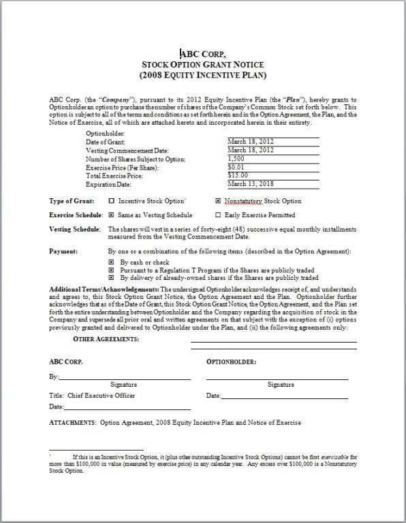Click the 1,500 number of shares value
tap(236, 159)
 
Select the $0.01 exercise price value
tap(236, 167)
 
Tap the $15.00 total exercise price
tap(238, 175)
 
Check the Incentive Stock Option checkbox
tap(112, 202)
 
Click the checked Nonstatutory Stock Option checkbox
tap(218, 202)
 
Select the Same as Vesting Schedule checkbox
tap(112, 215)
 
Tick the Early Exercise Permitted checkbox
tap(218, 215)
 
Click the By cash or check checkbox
tap(112, 261)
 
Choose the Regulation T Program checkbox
tap(112, 270)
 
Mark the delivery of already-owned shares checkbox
tap(112, 278)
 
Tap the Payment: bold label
tap(63, 251)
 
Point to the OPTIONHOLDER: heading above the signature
tap(231, 362)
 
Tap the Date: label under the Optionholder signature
tap(213, 395)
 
